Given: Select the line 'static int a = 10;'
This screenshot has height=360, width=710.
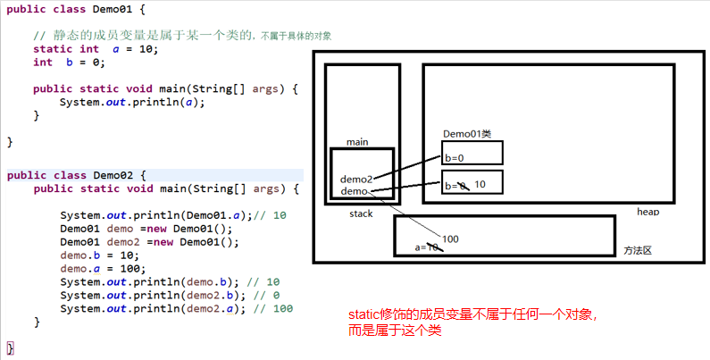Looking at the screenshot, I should (96, 49).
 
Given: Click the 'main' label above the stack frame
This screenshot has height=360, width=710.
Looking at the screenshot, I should (357, 142).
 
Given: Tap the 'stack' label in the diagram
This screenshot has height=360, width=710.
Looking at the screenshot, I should (361, 214).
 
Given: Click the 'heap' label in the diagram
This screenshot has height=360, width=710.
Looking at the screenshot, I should (647, 212).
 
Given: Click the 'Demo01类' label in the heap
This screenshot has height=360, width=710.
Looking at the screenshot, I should (467, 134).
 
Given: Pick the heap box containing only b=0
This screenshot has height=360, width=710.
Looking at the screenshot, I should (472, 154).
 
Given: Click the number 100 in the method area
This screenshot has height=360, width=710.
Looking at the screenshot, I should (450, 239).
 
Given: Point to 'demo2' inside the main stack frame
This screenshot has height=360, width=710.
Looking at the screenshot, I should (355, 179).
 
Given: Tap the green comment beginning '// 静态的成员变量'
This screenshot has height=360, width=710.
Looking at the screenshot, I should (188, 35).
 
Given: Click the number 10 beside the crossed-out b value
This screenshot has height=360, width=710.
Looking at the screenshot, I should (480, 184).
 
